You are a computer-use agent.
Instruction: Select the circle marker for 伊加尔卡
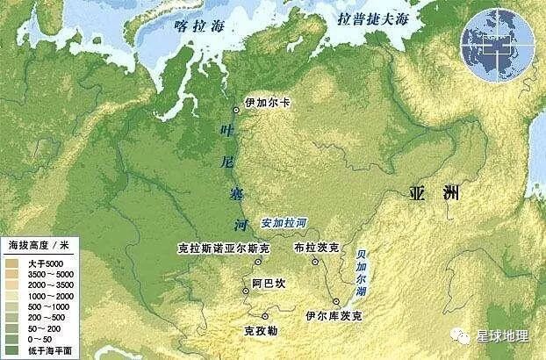[x=236, y=110]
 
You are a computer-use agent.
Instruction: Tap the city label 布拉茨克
[x=313, y=248]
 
